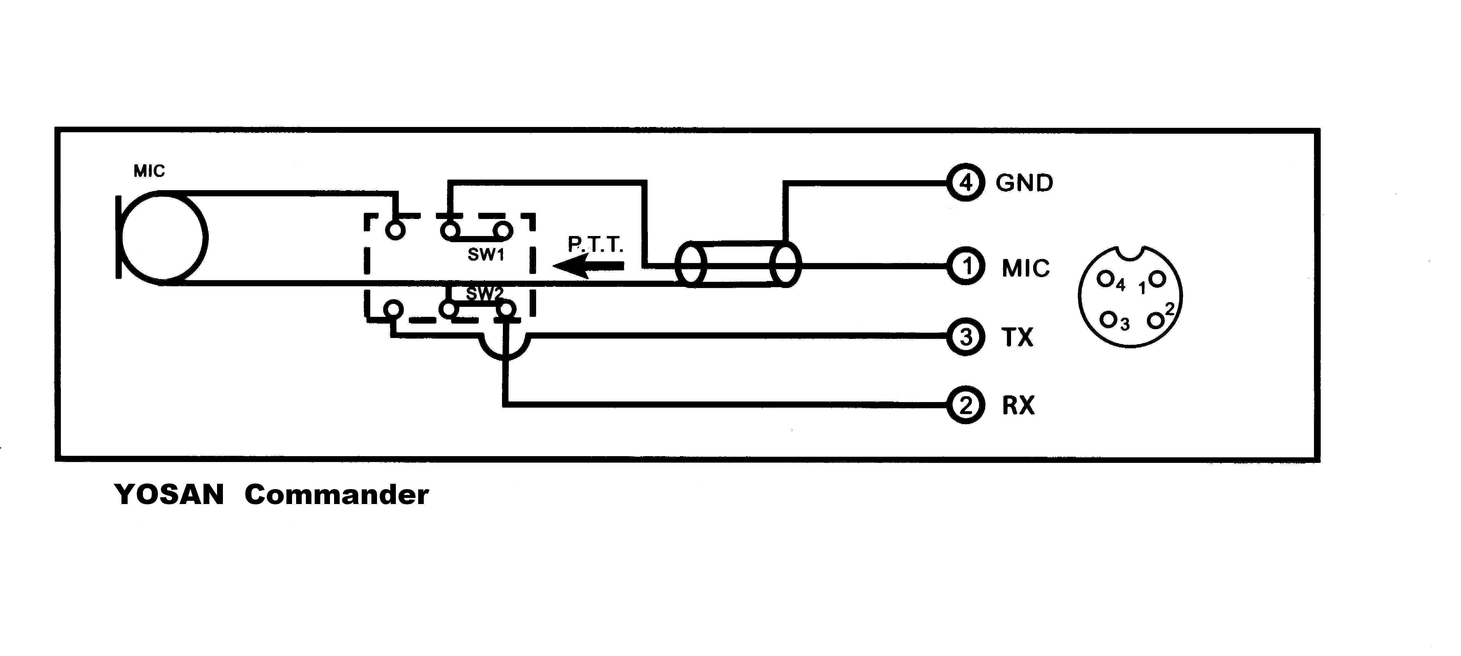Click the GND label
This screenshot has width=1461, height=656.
[x=1024, y=183]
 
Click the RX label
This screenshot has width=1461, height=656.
[x=1019, y=405]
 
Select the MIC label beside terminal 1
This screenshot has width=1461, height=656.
[x=1025, y=268]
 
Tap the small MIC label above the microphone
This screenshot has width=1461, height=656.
[x=149, y=171]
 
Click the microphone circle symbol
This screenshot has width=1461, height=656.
[x=163, y=237]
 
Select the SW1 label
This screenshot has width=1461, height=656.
[x=486, y=255]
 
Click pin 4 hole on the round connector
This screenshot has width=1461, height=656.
[x=1104, y=279]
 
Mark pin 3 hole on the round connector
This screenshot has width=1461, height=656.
[x=1107, y=319]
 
